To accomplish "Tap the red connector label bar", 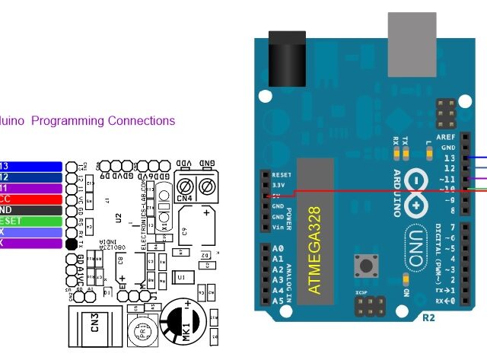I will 30,199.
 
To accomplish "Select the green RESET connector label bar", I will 30,221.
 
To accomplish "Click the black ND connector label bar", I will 30,210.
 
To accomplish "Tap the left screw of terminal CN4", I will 184,186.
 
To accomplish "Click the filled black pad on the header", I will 72,244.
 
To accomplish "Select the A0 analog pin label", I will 278,249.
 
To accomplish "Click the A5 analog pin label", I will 278,301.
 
